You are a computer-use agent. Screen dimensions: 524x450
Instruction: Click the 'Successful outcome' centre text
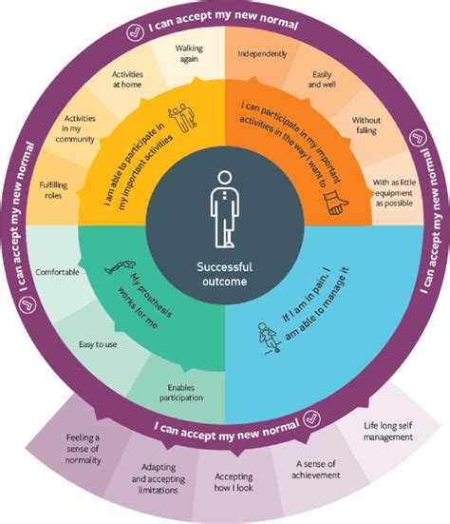pos(225,273)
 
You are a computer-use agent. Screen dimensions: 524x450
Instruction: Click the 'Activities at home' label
pos(129,79)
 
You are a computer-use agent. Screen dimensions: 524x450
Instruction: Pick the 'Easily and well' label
pos(326,79)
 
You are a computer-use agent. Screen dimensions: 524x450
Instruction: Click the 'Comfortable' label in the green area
pos(57,272)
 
